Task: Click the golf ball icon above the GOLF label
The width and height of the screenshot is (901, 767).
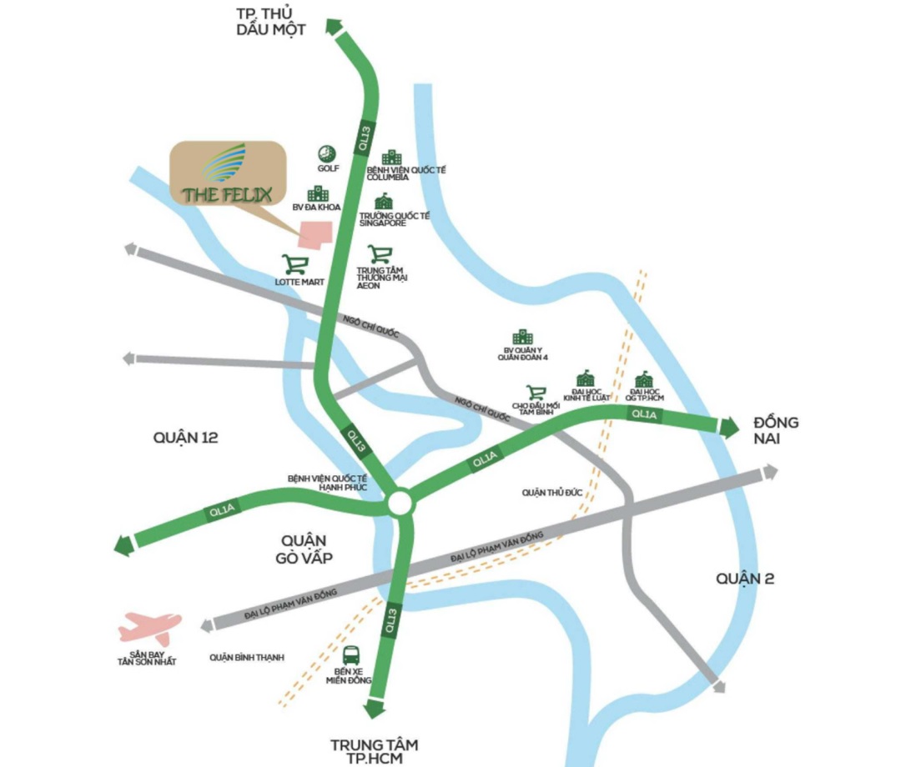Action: click(x=326, y=153)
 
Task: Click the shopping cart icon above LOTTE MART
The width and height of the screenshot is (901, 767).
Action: click(x=294, y=265)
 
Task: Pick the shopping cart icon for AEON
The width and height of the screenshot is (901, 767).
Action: click(x=380, y=254)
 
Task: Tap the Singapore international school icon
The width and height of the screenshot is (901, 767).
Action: click(x=383, y=201)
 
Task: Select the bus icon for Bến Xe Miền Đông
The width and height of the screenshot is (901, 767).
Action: click(x=352, y=655)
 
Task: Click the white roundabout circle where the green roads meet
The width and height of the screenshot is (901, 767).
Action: click(x=400, y=503)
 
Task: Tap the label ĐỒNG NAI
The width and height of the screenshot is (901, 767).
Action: click(x=776, y=430)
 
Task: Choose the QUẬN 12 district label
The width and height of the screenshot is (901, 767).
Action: click(x=186, y=437)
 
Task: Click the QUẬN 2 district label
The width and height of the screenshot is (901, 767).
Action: click(x=745, y=578)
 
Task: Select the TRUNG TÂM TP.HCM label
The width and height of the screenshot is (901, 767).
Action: click(x=374, y=751)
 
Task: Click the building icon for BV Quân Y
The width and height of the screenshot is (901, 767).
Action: click(x=522, y=337)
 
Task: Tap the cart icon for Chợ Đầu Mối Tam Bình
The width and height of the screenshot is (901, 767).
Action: click(x=535, y=392)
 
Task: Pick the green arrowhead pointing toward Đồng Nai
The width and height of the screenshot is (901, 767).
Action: click(x=728, y=427)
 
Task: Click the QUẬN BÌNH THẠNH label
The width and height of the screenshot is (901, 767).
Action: click(x=246, y=658)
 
